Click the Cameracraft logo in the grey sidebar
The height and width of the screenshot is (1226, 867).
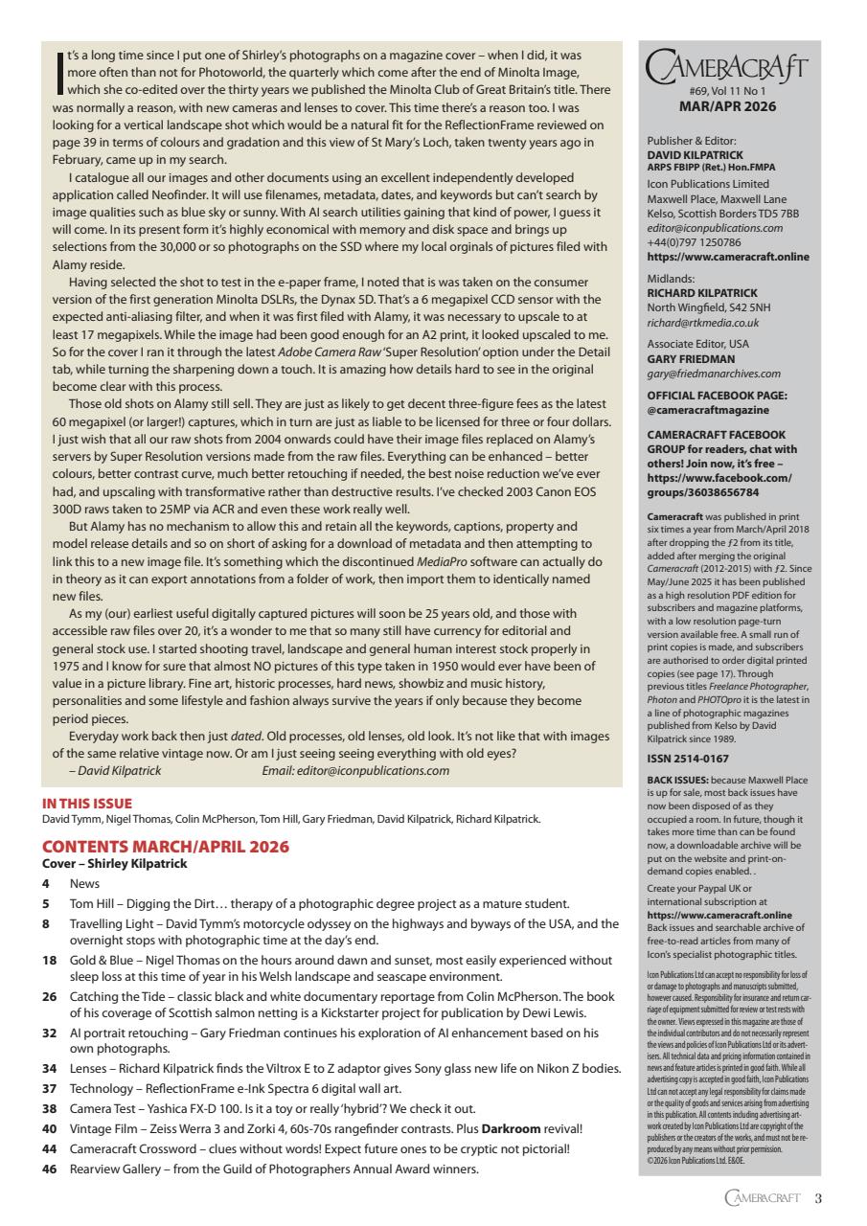pos(726,68)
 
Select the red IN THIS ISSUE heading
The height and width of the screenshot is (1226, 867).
pos(87,804)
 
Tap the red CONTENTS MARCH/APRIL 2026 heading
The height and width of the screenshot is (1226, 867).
pos(165,847)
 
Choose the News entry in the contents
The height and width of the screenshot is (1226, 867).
pos(84,883)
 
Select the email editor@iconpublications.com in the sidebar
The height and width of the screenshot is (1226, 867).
pos(715,228)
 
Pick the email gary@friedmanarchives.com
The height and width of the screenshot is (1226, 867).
pos(714,374)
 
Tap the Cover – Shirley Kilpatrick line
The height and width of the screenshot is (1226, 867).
pos(115,863)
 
